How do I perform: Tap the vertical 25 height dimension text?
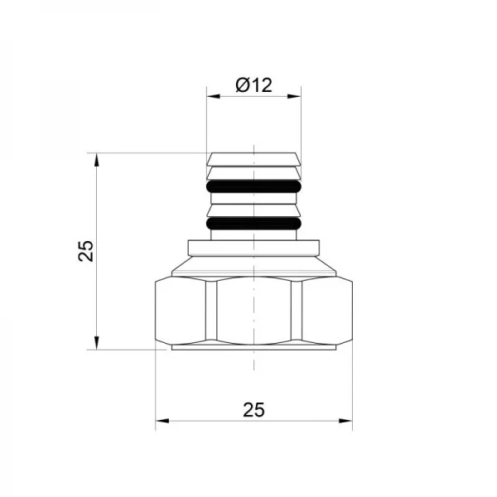pos(85,250)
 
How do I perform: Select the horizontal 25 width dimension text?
pos(253,409)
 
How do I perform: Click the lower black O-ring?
pos(253,223)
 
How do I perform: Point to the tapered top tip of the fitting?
pos(253,159)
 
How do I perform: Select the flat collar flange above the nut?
pos(253,248)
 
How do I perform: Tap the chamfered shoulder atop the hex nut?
pos(253,268)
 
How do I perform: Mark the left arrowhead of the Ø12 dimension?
pos(212,97)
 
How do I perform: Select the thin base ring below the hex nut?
pos(253,348)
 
